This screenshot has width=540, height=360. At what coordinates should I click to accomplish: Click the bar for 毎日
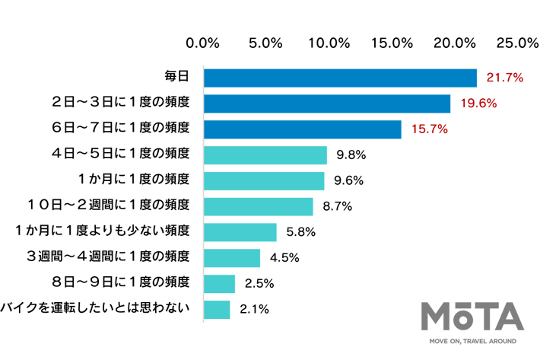tap(340, 78)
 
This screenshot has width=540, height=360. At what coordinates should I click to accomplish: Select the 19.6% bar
tap(327, 104)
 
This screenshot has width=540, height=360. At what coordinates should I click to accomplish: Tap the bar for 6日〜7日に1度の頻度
tap(303, 129)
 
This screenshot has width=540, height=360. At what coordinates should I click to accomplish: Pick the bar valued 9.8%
tap(265, 155)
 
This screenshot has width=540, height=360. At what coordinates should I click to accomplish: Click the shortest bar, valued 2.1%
tap(217, 310)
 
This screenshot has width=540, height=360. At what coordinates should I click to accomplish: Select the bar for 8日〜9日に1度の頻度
tap(220, 284)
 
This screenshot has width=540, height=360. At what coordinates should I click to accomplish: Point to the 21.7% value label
tap(502, 78)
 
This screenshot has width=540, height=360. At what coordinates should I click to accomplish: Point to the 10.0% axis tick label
tap(329, 43)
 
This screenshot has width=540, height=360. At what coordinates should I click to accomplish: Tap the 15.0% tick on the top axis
tap(392, 43)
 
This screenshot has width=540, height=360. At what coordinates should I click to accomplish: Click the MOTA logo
tap(472, 317)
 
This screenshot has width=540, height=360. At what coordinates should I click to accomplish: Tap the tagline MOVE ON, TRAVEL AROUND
tap(472, 342)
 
